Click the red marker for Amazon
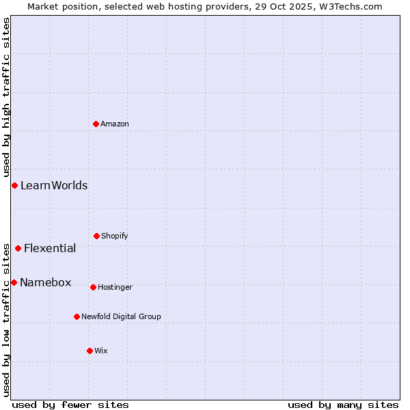(96, 124)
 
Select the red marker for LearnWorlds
(14, 185)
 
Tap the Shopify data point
(96, 236)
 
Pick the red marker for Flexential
(18, 248)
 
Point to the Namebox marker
(14, 282)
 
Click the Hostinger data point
(93, 287)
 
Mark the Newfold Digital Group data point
(77, 316)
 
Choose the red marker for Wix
(90, 351)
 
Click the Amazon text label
(115, 124)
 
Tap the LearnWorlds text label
(54, 185)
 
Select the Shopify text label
(115, 236)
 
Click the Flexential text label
(50, 248)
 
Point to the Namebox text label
(46, 282)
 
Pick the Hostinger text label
(115, 287)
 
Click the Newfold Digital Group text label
(122, 316)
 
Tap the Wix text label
(101, 351)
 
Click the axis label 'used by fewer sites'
(70, 405)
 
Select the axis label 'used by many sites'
(343, 405)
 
